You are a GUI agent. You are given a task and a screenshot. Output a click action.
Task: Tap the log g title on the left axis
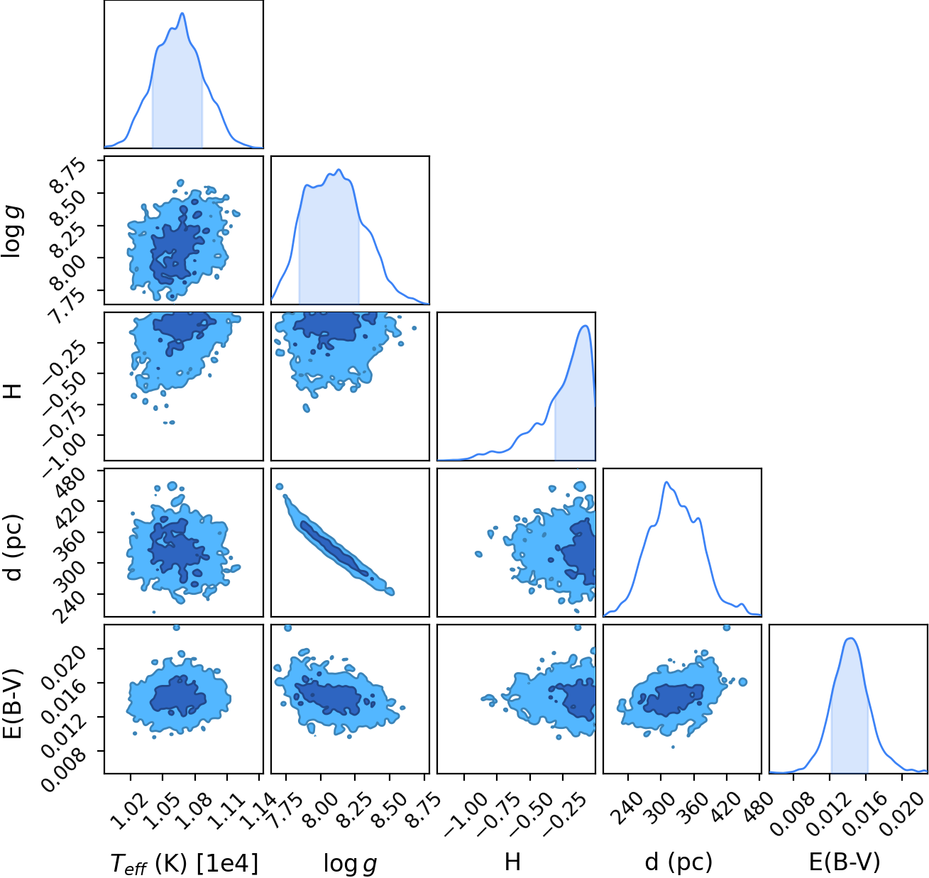(x=12, y=231)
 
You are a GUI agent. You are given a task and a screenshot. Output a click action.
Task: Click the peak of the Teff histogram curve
(x=182, y=13)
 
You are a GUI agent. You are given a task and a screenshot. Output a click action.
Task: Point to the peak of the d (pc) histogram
(x=666, y=482)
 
